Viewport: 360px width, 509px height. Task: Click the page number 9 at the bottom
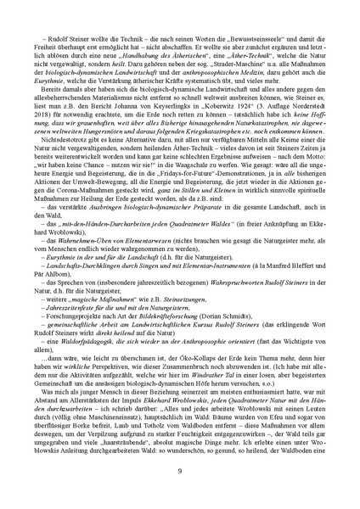click(x=179, y=471)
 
